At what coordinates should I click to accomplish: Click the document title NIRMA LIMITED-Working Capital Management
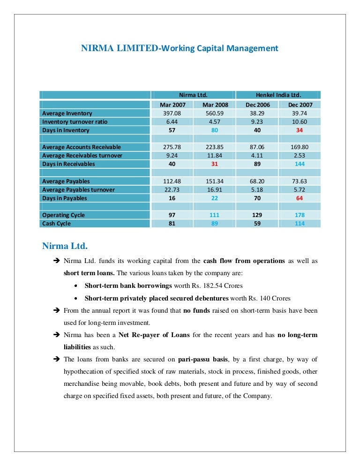point(180,48)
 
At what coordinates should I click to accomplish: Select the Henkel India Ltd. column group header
point(278,95)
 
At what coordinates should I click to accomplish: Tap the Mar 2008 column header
point(215,105)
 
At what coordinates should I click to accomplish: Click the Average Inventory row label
point(67,113)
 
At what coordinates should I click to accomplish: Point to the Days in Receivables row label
point(68,164)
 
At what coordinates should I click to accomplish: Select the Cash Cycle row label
point(56,224)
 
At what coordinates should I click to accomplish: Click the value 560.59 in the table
point(215,113)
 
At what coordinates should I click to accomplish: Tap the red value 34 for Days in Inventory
point(300,130)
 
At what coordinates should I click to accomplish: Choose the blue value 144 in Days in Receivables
point(300,164)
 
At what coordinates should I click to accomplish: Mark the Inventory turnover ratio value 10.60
point(300,122)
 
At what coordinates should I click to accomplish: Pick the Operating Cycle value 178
point(300,215)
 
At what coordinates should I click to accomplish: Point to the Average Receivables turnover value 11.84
point(215,156)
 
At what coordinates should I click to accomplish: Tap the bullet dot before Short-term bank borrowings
point(76,286)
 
